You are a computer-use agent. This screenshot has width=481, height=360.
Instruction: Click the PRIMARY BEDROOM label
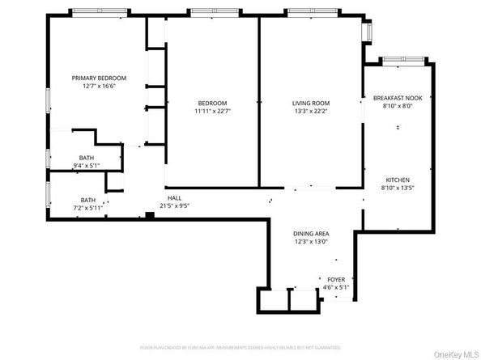[x=98, y=78]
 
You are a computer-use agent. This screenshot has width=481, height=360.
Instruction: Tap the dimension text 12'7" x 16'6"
[x=98, y=87]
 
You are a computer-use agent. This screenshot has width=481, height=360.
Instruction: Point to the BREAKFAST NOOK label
[x=397, y=97]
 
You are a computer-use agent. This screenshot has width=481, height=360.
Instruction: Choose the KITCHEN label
[x=397, y=180]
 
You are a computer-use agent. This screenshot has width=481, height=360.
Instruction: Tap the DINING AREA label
[x=310, y=233]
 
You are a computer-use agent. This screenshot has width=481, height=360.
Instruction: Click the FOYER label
[x=336, y=278]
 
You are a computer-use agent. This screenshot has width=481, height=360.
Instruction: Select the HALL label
[x=174, y=197]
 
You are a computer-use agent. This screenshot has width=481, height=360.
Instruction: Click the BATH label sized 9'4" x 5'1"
[x=87, y=158]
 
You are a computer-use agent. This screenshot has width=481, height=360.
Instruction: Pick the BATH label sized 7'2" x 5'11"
[x=87, y=200]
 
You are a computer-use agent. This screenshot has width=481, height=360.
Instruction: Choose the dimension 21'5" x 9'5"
[x=178, y=205]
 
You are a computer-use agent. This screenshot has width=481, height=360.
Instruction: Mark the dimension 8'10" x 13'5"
[x=397, y=188]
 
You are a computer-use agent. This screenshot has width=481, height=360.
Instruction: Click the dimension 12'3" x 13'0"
[x=310, y=241]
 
